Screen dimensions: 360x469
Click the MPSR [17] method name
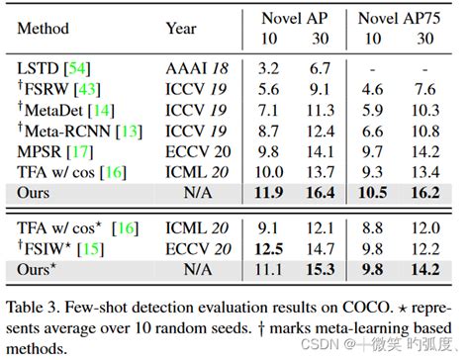[x=55, y=152]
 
